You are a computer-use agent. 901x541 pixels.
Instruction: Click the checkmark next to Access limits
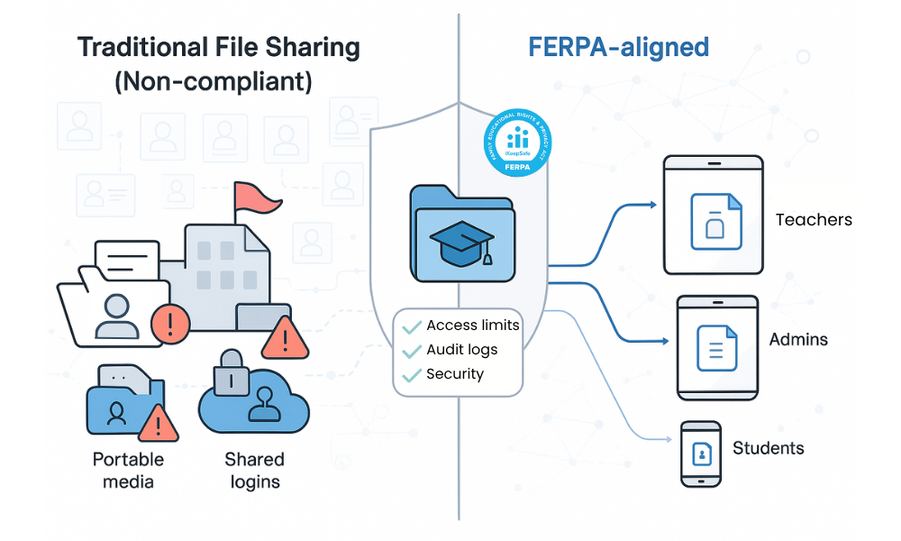413,326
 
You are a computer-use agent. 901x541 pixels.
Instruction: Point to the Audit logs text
462,350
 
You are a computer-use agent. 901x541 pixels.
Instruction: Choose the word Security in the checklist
455,374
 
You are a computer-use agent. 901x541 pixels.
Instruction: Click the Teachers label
814,219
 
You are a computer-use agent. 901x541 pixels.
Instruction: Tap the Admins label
798,340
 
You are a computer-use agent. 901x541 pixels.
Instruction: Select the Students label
768,448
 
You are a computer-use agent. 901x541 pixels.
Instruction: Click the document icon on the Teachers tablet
715,222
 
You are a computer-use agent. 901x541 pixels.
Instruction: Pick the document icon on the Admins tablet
717,348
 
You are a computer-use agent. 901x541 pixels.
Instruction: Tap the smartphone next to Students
701,454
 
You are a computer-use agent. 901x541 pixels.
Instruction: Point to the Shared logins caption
255,470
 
